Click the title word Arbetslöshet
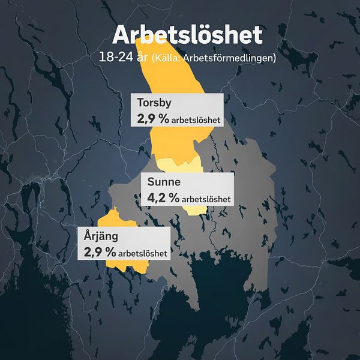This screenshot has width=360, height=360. (187, 34)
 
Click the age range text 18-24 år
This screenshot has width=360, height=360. (125, 58)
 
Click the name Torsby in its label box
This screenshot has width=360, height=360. (154, 102)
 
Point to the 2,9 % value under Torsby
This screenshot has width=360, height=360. (152, 119)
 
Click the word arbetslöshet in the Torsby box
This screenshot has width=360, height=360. (196, 121)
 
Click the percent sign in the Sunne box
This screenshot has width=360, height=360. (174, 197)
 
